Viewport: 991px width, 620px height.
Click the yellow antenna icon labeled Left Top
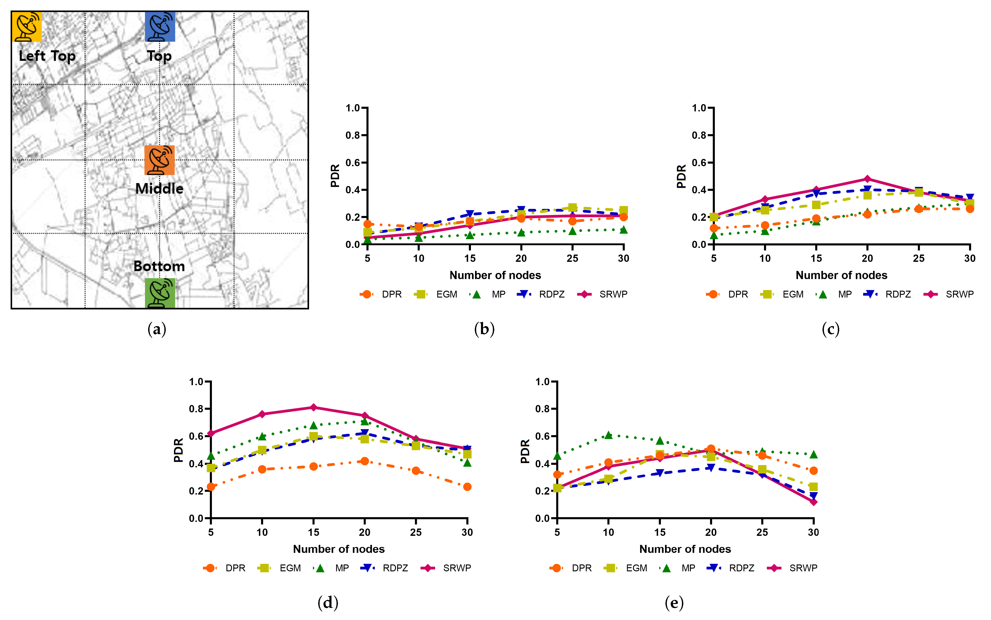tap(27, 27)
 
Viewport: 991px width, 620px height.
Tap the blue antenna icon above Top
tap(160, 27)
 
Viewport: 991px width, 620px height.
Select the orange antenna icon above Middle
tap(160, 160)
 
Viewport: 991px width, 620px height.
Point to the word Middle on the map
tap(160, 189)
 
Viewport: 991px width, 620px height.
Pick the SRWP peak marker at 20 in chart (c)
tap(867, 179)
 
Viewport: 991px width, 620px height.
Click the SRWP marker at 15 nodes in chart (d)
tap(313, 407)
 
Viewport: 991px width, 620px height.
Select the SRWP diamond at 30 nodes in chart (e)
tap(813, 502)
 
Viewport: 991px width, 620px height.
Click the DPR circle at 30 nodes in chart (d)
tap(467, 487)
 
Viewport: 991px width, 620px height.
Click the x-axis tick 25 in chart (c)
tap(918, 258)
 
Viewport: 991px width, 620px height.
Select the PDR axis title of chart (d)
tap(179, 450)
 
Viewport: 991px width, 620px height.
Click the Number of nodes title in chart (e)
tap(685, 549)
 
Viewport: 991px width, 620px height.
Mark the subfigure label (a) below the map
tap(157, 329)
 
